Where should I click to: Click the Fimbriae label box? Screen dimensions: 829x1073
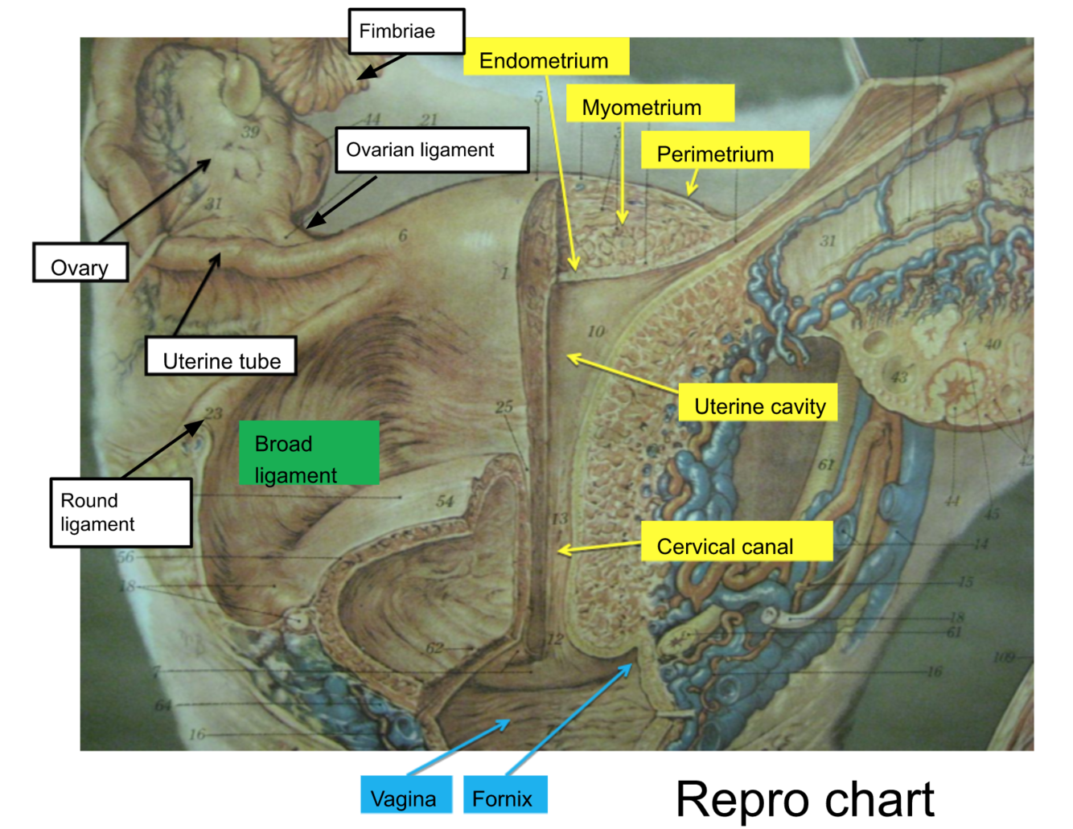point(406,31)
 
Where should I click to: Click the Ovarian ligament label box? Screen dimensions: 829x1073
point(432,150)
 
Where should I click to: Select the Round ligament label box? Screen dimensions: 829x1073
point(121,512)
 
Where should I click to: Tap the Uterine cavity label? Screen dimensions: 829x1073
point(758,404)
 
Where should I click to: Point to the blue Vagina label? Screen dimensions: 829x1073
point(405,796)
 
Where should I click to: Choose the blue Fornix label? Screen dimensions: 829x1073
point(504,796)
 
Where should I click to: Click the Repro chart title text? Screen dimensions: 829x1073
point(804,800)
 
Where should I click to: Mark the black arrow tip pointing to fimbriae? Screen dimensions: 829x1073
point(360,78)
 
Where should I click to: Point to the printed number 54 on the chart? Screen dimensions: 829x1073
point(445,502)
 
